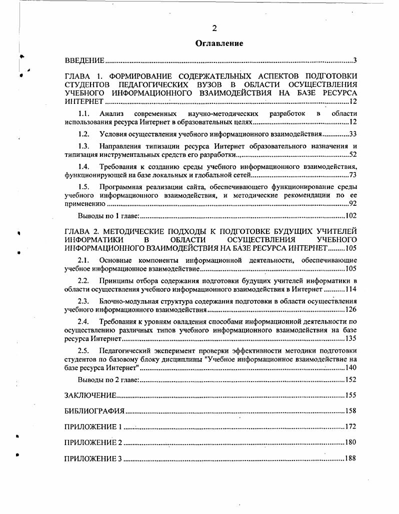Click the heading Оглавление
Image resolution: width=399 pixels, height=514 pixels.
[x=219, y=43]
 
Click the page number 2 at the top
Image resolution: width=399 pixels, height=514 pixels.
[x=214, y=28]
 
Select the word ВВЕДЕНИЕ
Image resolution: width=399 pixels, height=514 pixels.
[x=84, y=61]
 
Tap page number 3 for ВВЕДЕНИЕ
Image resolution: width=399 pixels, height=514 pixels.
[x=354, y=61]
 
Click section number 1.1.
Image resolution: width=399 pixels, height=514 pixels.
[x=83, y=114]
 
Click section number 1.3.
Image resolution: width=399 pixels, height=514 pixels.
[x=83, y=146]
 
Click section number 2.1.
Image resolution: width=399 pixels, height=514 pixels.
[x=83, y=260]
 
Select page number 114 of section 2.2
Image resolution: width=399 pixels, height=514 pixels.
[x=350, y=289]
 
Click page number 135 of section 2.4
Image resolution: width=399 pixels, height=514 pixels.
[x=350, y=339]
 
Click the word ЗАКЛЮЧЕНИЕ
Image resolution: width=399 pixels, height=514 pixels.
[x=90, y=395]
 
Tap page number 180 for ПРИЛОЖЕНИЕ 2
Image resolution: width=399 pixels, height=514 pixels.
[x=350, y=443]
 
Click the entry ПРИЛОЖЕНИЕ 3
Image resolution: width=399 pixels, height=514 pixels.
[x=93, y=459]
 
